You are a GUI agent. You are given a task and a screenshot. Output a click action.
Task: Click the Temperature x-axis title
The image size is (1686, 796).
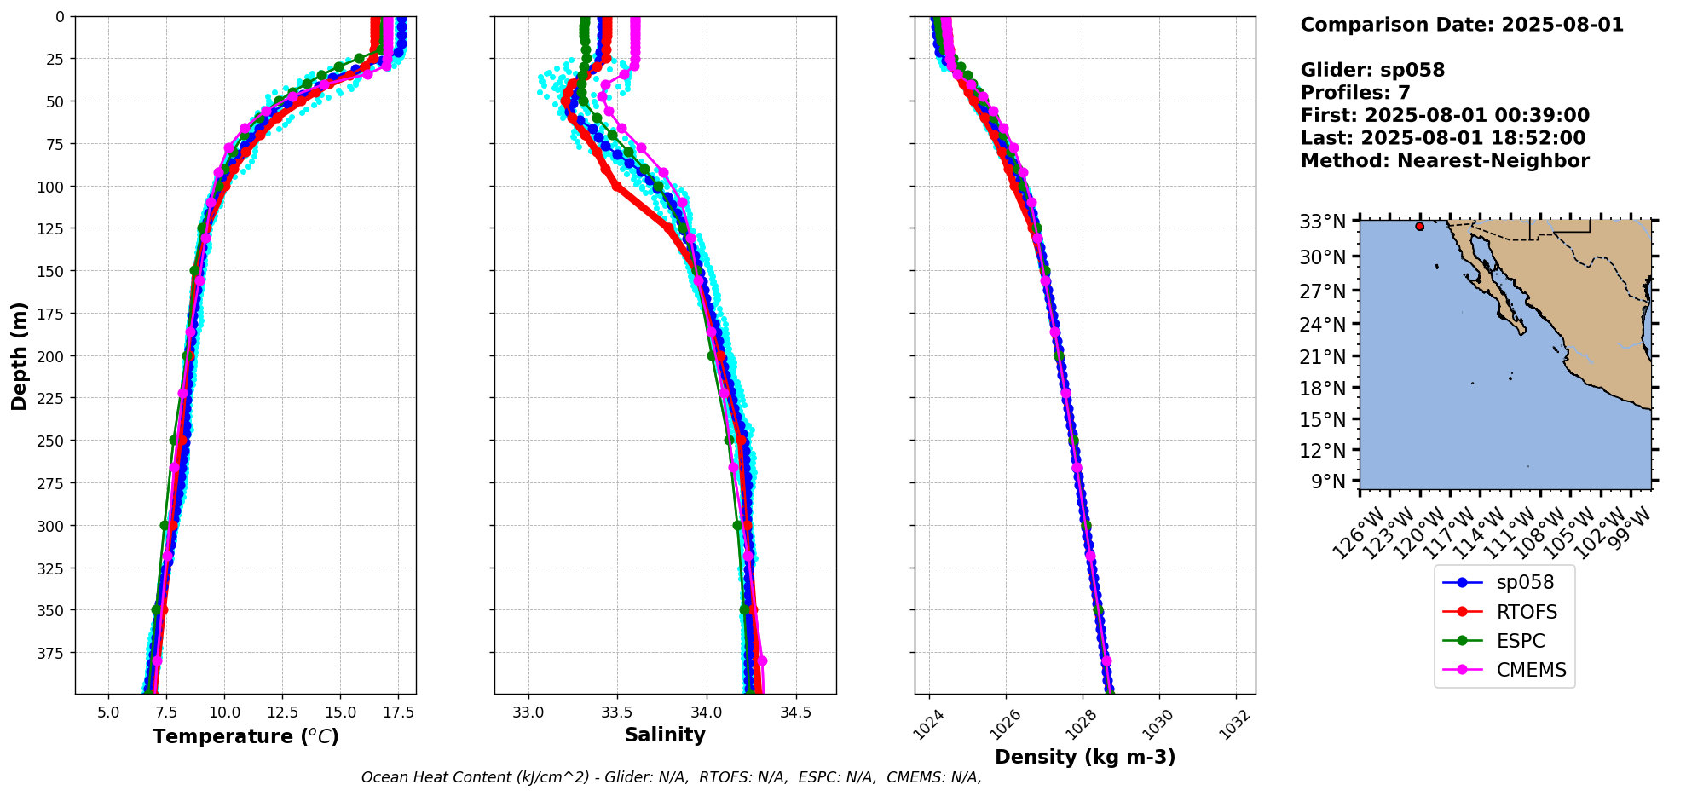click(245, 736)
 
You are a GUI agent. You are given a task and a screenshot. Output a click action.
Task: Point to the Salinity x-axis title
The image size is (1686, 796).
click(665, 735)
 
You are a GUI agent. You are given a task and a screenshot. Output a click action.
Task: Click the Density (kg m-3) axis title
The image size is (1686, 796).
click(1085, 757)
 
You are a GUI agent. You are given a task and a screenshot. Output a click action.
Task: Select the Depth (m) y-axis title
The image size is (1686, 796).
click(19, 355)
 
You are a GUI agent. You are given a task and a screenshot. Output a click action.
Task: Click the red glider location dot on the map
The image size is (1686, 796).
click(1419, 226)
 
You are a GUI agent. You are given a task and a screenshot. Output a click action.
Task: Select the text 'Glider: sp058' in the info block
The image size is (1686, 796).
click(1372, 70)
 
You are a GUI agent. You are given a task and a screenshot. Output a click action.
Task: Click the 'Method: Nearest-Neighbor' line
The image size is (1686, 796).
click(1445, 161)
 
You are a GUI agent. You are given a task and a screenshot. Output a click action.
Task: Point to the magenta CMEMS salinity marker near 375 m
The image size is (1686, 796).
click(762, 660)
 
